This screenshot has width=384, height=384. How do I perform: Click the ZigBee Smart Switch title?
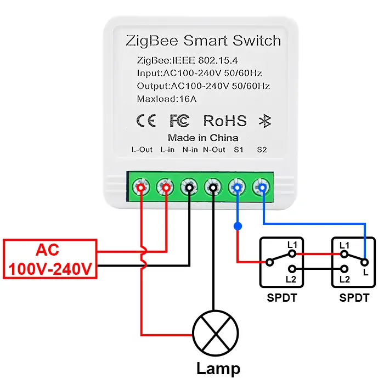coord(203,41)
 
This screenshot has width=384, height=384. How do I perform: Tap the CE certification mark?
coord(145,121)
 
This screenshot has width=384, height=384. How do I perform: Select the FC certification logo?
coord(179,121)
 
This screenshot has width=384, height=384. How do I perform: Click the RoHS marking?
coord(225,121)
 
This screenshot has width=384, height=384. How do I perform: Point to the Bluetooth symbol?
coord(265,121)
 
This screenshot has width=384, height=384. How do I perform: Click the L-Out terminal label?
coord(142,149)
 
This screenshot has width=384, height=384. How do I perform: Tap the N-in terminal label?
coord(190,149)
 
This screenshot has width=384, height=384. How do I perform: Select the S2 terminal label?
coord(262,149)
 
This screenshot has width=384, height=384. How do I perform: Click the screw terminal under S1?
coord(237,188)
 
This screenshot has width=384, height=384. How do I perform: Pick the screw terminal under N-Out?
coord(213,188)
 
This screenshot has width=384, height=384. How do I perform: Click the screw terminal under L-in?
coord(165,188)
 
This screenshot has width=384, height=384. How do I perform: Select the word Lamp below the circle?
coord(218,368)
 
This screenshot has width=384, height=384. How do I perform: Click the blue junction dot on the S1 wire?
coord(237,226)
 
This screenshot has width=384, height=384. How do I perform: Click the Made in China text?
coord(203,137)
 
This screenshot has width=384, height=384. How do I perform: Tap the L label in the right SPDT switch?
coord(365,273)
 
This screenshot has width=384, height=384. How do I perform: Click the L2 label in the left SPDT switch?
coord(291,279)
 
